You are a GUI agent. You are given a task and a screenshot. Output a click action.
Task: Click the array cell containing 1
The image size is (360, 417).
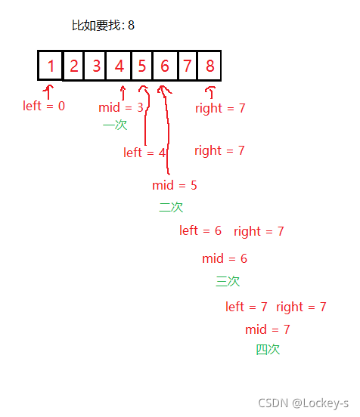click(50, 66)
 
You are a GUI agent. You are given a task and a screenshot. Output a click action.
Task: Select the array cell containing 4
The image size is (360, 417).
click(119, 66)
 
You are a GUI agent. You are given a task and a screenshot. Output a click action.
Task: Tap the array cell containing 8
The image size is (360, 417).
click(209, 66)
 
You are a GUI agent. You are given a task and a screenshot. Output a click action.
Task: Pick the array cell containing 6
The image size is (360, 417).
click(165, 66)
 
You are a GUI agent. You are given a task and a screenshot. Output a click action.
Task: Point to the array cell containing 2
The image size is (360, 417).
click(73, 66)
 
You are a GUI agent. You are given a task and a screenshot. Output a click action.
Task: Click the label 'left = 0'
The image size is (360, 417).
click(44, 106)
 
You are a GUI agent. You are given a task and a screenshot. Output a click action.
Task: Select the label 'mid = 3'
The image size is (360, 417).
click(121, 107)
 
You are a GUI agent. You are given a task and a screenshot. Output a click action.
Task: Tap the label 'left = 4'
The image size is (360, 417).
click(144, 153)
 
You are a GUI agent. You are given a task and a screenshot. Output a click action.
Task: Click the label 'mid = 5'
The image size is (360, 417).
click(175, 185)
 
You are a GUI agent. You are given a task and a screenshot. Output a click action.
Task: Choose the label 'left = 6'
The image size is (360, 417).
click(200, 230)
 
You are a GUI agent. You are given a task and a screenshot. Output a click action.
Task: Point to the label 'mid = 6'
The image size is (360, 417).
click(225, 258)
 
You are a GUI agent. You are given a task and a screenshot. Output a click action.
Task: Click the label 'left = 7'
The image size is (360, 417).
click(247, 307)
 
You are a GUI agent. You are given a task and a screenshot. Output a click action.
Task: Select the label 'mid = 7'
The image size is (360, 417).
click(267, 329)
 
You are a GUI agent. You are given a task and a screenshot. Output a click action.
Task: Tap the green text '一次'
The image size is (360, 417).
click(115, 125)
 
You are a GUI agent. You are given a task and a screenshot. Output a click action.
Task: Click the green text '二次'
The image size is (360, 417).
click(171, 207)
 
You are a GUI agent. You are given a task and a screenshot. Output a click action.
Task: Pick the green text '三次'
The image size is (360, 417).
click(228, 281)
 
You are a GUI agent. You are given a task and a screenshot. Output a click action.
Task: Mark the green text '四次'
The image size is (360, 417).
click(268, 350)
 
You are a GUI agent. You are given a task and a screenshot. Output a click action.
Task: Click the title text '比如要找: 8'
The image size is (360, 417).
click(104, 26)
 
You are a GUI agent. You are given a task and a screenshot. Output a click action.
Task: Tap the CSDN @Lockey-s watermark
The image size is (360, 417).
click(303, 403)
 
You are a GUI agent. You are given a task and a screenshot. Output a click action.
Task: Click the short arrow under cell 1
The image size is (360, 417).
click(48, 92)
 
